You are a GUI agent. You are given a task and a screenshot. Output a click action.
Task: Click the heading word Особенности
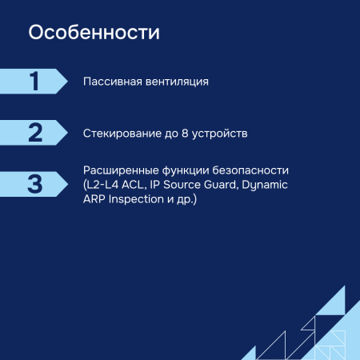94,34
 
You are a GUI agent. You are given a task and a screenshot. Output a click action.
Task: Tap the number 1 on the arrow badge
34,82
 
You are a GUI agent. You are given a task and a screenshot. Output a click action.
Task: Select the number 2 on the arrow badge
34,132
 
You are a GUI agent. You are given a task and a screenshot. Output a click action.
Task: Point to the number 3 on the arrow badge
34,183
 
